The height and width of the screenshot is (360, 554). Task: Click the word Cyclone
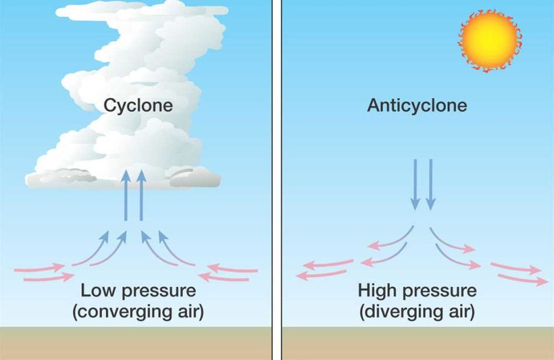138,105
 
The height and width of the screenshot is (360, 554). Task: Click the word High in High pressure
377,291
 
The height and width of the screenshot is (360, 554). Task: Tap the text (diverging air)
417,312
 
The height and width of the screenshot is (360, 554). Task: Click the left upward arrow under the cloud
126,195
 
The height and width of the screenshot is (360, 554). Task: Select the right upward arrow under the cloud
141,195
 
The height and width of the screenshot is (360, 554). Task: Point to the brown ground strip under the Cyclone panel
135,343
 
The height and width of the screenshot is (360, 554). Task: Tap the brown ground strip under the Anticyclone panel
417,343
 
